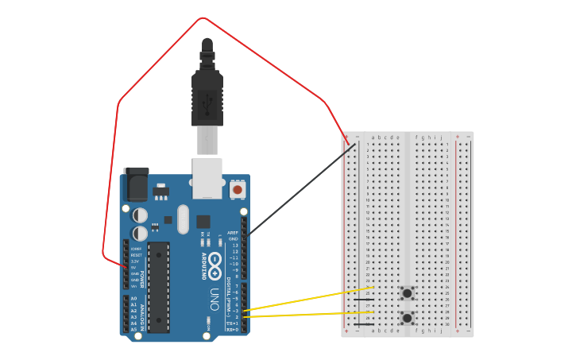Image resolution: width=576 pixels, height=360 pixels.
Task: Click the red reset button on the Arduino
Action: pyautogui.click(x=237, y=191)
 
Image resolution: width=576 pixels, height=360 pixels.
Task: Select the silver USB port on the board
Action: pyautogui.click(x=207, y=177)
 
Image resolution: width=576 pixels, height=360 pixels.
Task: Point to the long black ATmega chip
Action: pyautogui.click(x=159, y=286)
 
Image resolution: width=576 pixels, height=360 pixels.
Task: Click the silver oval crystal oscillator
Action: pyautogui.click(x=184, y=219)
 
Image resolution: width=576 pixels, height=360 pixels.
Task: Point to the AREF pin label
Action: pyautogui.click(x=234, y=233)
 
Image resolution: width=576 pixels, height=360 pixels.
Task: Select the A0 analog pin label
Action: pyautogui.click(x=133, y=300)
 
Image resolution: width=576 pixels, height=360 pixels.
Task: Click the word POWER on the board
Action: pyautogui.click(x=143, y=273)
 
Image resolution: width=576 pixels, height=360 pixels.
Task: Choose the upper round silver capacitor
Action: pyautogui.click(x=140, y=215)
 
